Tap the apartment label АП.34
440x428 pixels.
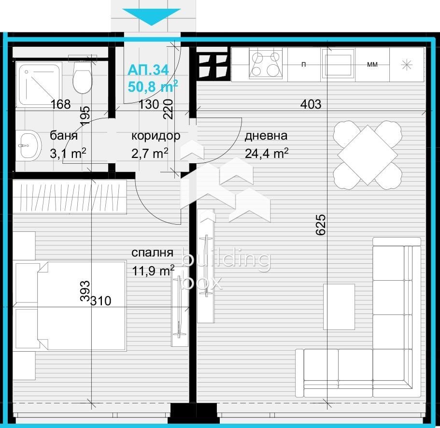(x=148, y=70)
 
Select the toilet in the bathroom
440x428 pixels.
(x=82, y=78)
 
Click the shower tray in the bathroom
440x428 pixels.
(x=40, y=83)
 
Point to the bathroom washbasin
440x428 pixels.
(x=28, y=144)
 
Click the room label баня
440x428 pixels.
(x=63, y=136)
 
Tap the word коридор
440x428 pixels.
(x=156, y=136)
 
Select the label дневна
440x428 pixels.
(x=266, y=136)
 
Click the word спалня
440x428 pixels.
(x=152, y=253)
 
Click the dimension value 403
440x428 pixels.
(x=311, y=104)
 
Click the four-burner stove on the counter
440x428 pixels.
(x=265, y=64)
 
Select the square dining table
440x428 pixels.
(x=368, y=155)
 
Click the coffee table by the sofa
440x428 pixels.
(x=339, y=306)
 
